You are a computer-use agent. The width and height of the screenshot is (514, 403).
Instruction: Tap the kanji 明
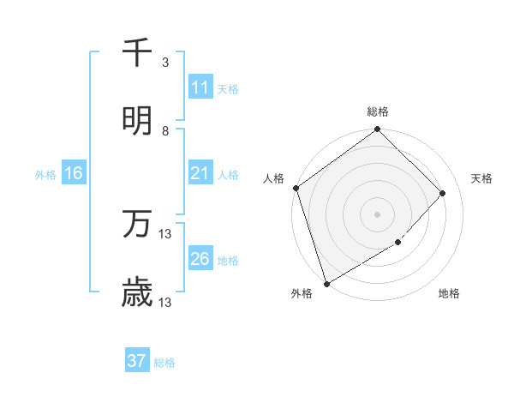pyautogui.click(x=137, y=120)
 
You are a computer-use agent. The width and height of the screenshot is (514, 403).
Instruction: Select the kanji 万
pyautogui.click(x=137, y=225)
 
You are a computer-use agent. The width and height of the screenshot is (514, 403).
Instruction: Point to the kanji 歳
pyautogui.click(x=137, y=294)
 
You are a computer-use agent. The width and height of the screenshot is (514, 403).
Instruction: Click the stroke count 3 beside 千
pyautogui.click(x=165, y=63)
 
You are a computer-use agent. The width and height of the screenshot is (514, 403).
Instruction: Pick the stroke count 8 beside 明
pyautogui.click(x=165, y=131)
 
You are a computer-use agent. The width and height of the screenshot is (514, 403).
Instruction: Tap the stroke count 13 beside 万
pyautogui.click(x=165, y=233)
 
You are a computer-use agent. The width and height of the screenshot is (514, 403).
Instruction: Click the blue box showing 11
pyautogui.click(x=200, y=87)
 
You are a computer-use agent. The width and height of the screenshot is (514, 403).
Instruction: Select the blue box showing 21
pyautogui.click(x=200, y=174)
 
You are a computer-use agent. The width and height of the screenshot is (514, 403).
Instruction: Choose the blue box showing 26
pyautogui.click(x=200, y=260)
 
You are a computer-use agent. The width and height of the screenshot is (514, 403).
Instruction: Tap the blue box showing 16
pyautogui.click(x=74, y=174)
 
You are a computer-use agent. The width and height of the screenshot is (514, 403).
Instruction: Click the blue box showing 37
pyautogui.click(x=136, y=361)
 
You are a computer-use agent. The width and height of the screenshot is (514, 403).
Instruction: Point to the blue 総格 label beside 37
pyautogui.click(x=164, y=363)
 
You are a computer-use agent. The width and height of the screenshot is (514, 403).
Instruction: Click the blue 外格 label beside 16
pyautogui.click(x=45, y=175)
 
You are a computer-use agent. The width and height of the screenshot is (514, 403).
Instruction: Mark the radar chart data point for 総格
pyautogui.click(x=377, y=129)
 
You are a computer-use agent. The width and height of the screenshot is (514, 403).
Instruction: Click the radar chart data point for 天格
pyautogui.click(x=443, y=193)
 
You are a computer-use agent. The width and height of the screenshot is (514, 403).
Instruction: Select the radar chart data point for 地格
pyautogui.click(x=397, y=243)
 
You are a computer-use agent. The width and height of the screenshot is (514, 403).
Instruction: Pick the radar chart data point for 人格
pyautogui.click(x=296, y=188)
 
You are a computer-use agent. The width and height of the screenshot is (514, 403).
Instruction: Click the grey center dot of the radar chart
pyautogui.click(x=377, y=214)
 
